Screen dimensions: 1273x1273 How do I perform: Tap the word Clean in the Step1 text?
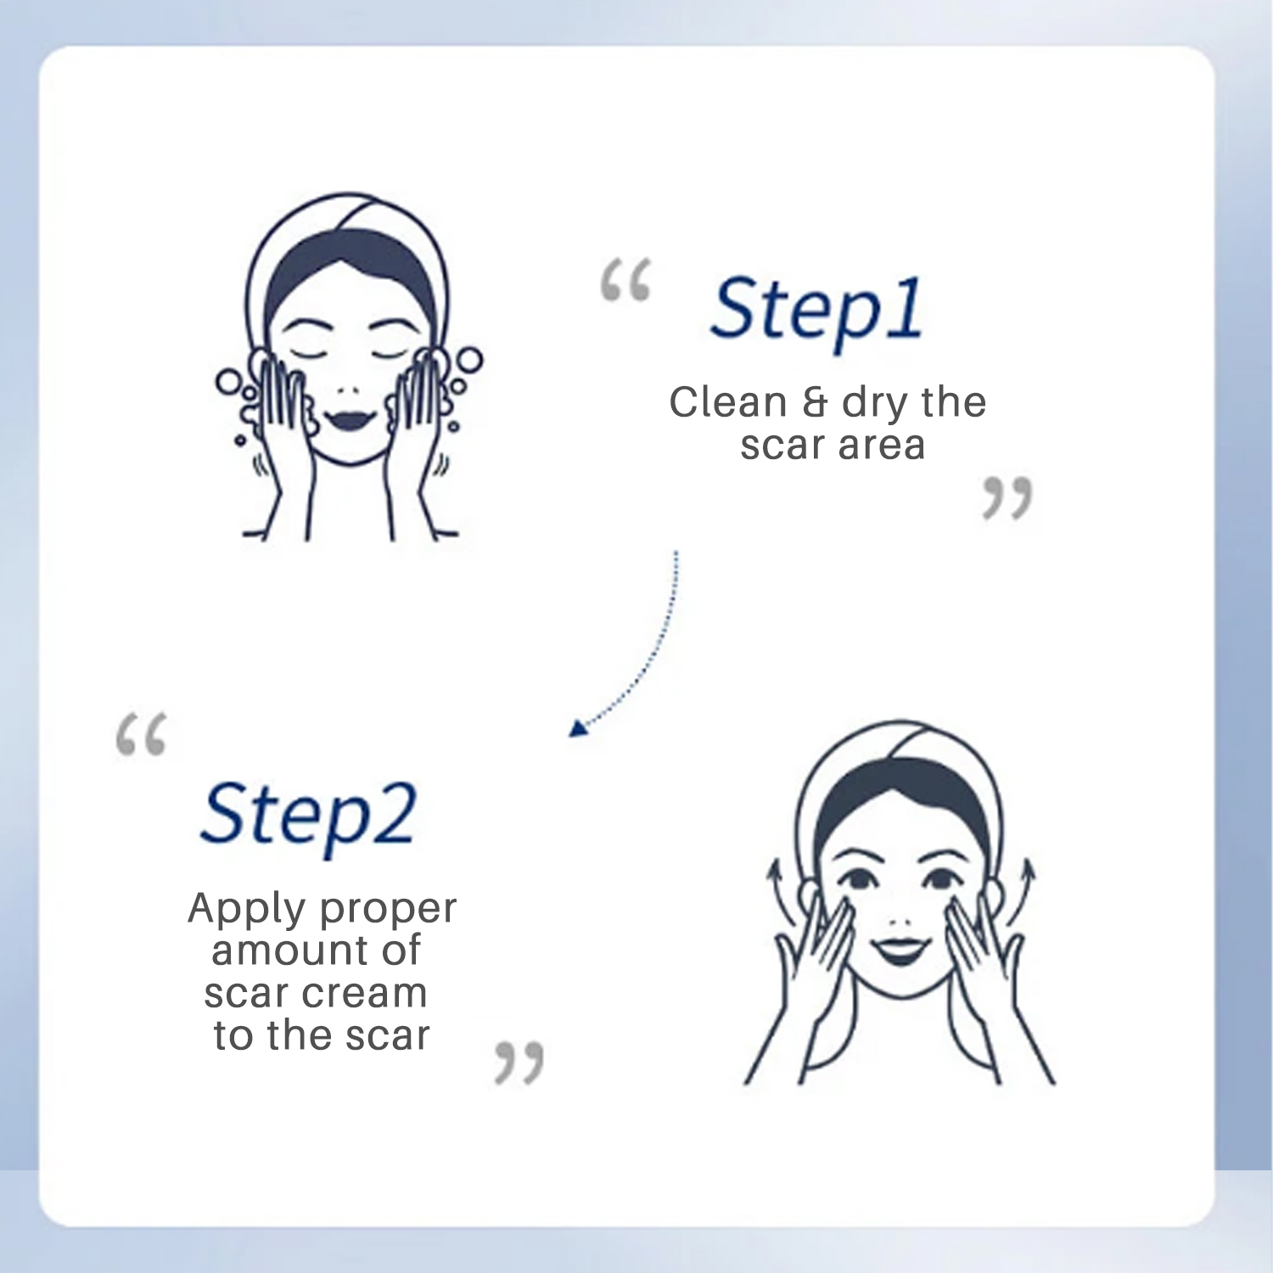727,402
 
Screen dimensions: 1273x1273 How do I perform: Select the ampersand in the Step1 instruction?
814,403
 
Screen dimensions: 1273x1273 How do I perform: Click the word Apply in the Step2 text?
247,910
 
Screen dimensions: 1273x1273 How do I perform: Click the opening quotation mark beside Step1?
625,281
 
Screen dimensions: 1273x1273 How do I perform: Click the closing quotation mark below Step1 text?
1007,497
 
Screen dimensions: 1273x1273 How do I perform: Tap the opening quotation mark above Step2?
141,734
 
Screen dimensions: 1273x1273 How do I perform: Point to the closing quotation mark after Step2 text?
519,1063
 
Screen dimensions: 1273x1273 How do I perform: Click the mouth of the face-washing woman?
349,419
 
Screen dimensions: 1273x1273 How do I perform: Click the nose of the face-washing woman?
348,390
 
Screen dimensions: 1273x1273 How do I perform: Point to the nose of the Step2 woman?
900,920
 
